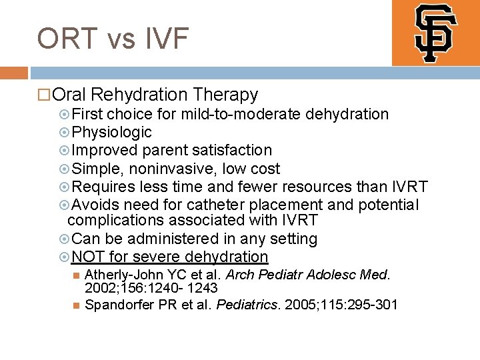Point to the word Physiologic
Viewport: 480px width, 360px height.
click(111, 132)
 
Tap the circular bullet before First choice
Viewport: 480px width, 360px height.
click(64, 114)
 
